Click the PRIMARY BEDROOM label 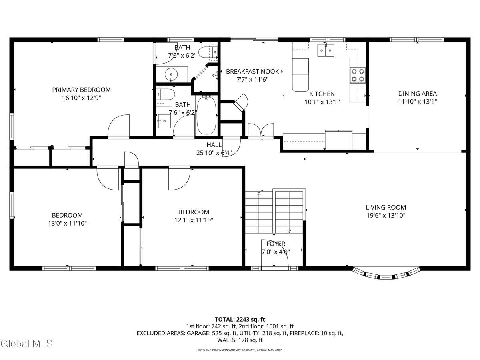pos(81,90)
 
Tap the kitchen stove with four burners pos(358,75)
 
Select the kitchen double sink pos(326,50)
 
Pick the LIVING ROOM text pos(386,207)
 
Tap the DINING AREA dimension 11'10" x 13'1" pos(417,102)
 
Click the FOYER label pos(276,244)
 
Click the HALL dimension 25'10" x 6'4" pos(214,152)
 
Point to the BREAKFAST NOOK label pos(252,72)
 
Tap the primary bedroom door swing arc pos(119,126)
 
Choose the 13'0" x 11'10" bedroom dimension pos(67,223)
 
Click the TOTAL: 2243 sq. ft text pos(240,319)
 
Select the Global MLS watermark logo pos(26,343)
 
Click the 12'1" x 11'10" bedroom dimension pos(194,220)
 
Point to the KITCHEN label pos(322,94)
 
